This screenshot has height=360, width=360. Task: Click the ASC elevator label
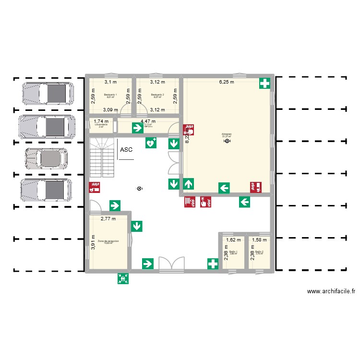pyautogui.click(x=127, y=150)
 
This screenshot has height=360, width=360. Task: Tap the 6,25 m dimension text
pyautogui.click(x=227, y=82)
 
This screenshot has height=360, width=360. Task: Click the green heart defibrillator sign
pyautogui.click(x=151, y=143)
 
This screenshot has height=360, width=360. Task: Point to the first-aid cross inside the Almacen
pyautogui.click(x=264, y=84)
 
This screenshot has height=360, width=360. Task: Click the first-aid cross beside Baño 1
pyautogui.click(x=213, y=264)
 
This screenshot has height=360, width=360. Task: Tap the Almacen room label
pyautogui.click(x=227, y=134)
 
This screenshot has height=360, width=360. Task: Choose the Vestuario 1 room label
pyautogui.click(x=110, y=95)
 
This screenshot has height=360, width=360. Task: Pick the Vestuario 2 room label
pyautogui.click(x=157, y=95)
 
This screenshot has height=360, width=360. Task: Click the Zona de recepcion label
pyautogui.click(x=108, y=241)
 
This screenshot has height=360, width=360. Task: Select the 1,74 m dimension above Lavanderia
pyautogui.click(x=101, y=121)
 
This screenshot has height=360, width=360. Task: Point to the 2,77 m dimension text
pyautogui.click(x=108, y=219)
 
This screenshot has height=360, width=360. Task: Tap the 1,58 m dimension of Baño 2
pyautogui.click(x=259, y=240)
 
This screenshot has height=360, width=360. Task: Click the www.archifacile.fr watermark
pyautogui.click(x=331, y=291)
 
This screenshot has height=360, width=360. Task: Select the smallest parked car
pyautogui.click(x=46, y=159)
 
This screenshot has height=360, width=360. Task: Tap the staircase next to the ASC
pyautogui.click(x=102, y=157)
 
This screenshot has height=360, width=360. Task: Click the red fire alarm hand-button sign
pyautogui.click(x=206, y=202)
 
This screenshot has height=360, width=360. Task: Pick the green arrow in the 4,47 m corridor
pyautogui.click(x=138, y=128)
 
